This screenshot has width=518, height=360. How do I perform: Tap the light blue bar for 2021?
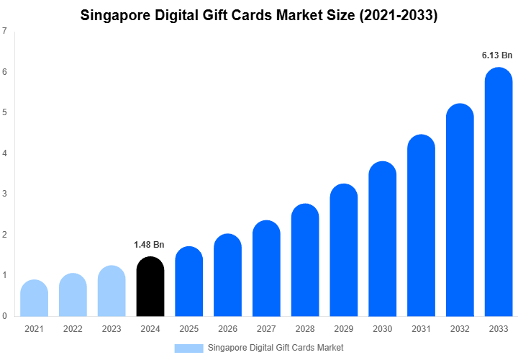35,298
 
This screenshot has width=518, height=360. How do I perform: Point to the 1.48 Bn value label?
150,245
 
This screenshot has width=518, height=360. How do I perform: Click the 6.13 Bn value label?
497,55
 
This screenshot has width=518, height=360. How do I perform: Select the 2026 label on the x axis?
228,329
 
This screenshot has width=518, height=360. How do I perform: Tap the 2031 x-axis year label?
421,329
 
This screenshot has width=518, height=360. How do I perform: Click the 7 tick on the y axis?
5,32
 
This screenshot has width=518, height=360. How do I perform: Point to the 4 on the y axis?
5,153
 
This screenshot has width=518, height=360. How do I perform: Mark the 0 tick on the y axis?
5,316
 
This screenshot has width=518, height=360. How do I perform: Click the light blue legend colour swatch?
188,348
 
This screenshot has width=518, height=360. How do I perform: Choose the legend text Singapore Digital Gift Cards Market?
276,348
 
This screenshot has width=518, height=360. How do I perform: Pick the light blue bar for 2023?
112,291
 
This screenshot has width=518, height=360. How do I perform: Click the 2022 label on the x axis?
73,329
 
